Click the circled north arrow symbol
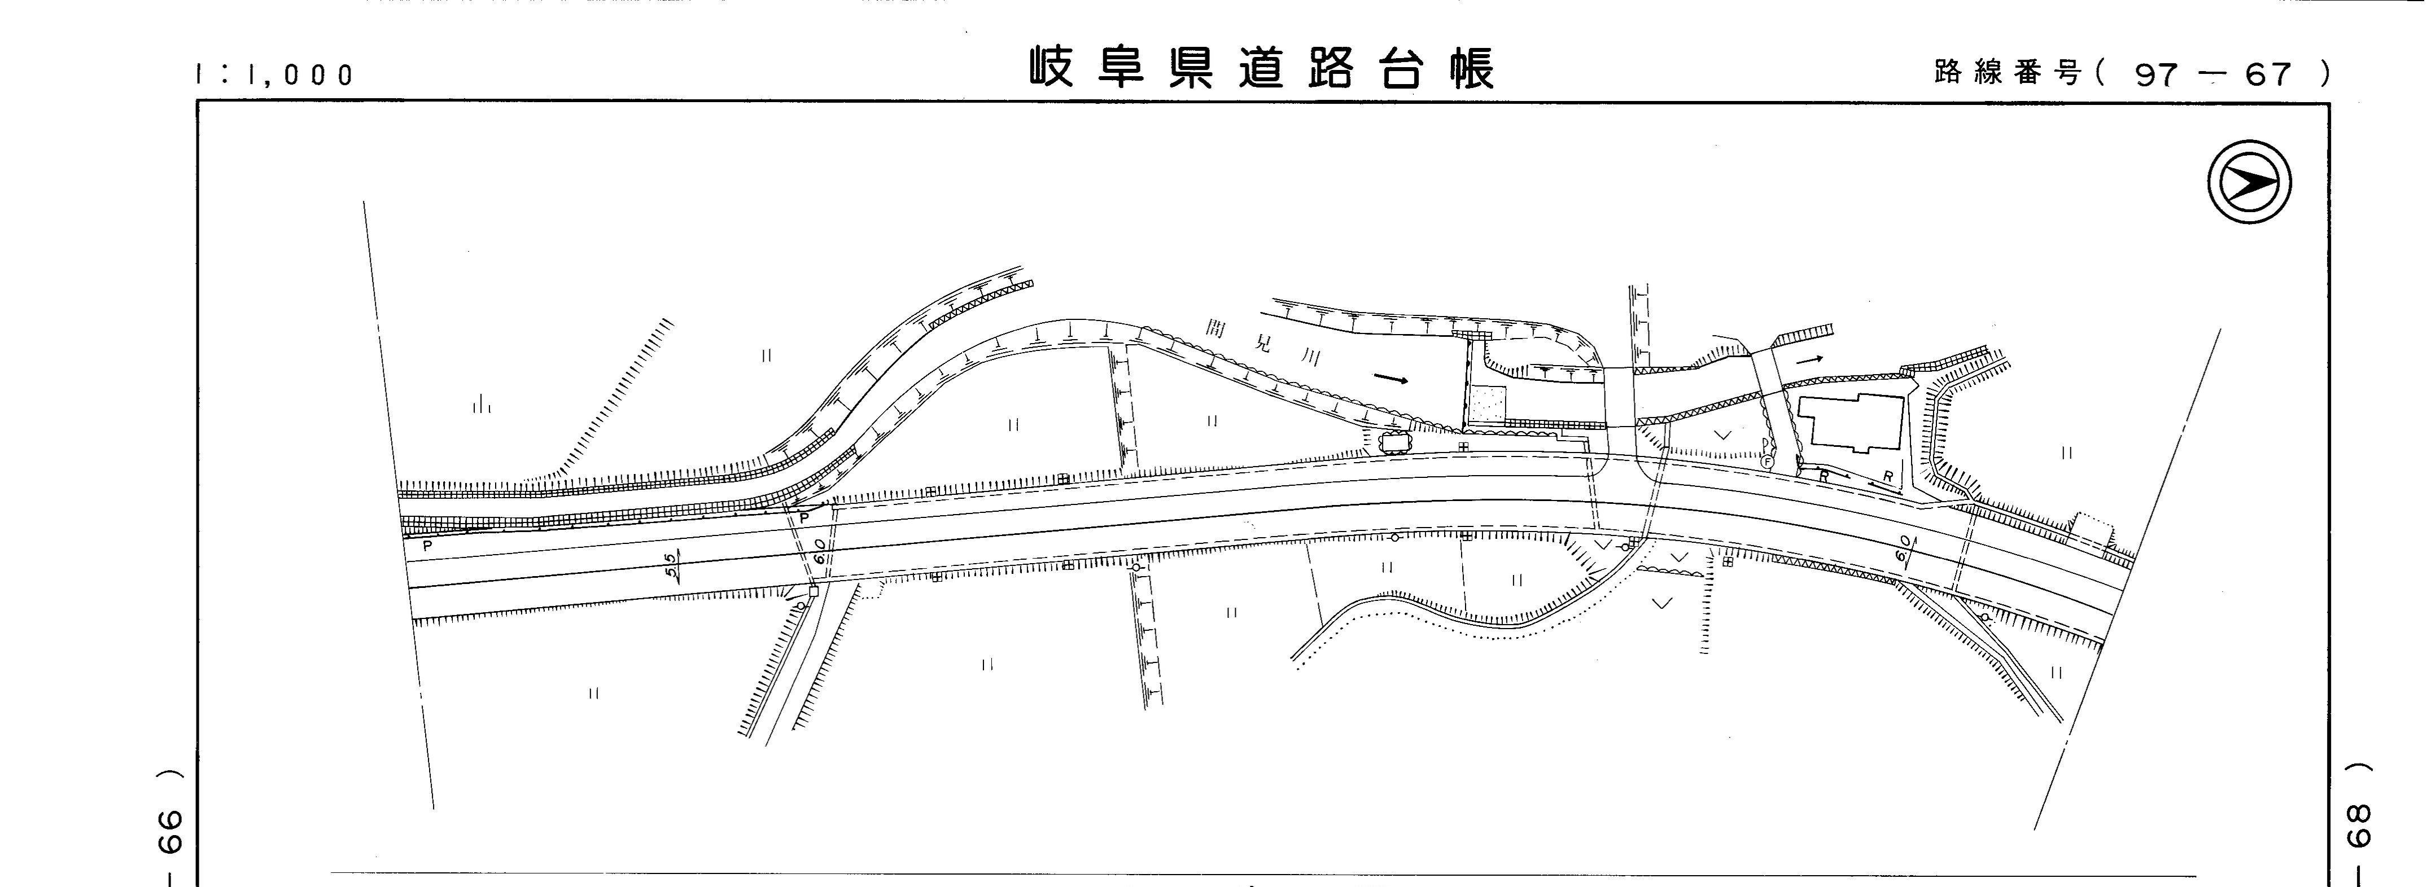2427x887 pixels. coord(2249,182)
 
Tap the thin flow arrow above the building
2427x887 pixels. coord(1809,359)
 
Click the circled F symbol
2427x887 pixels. coord(1768,462)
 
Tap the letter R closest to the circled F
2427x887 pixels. coord(1823,476)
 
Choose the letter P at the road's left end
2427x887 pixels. coord(427,545)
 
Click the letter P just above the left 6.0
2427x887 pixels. coord(804,517)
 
